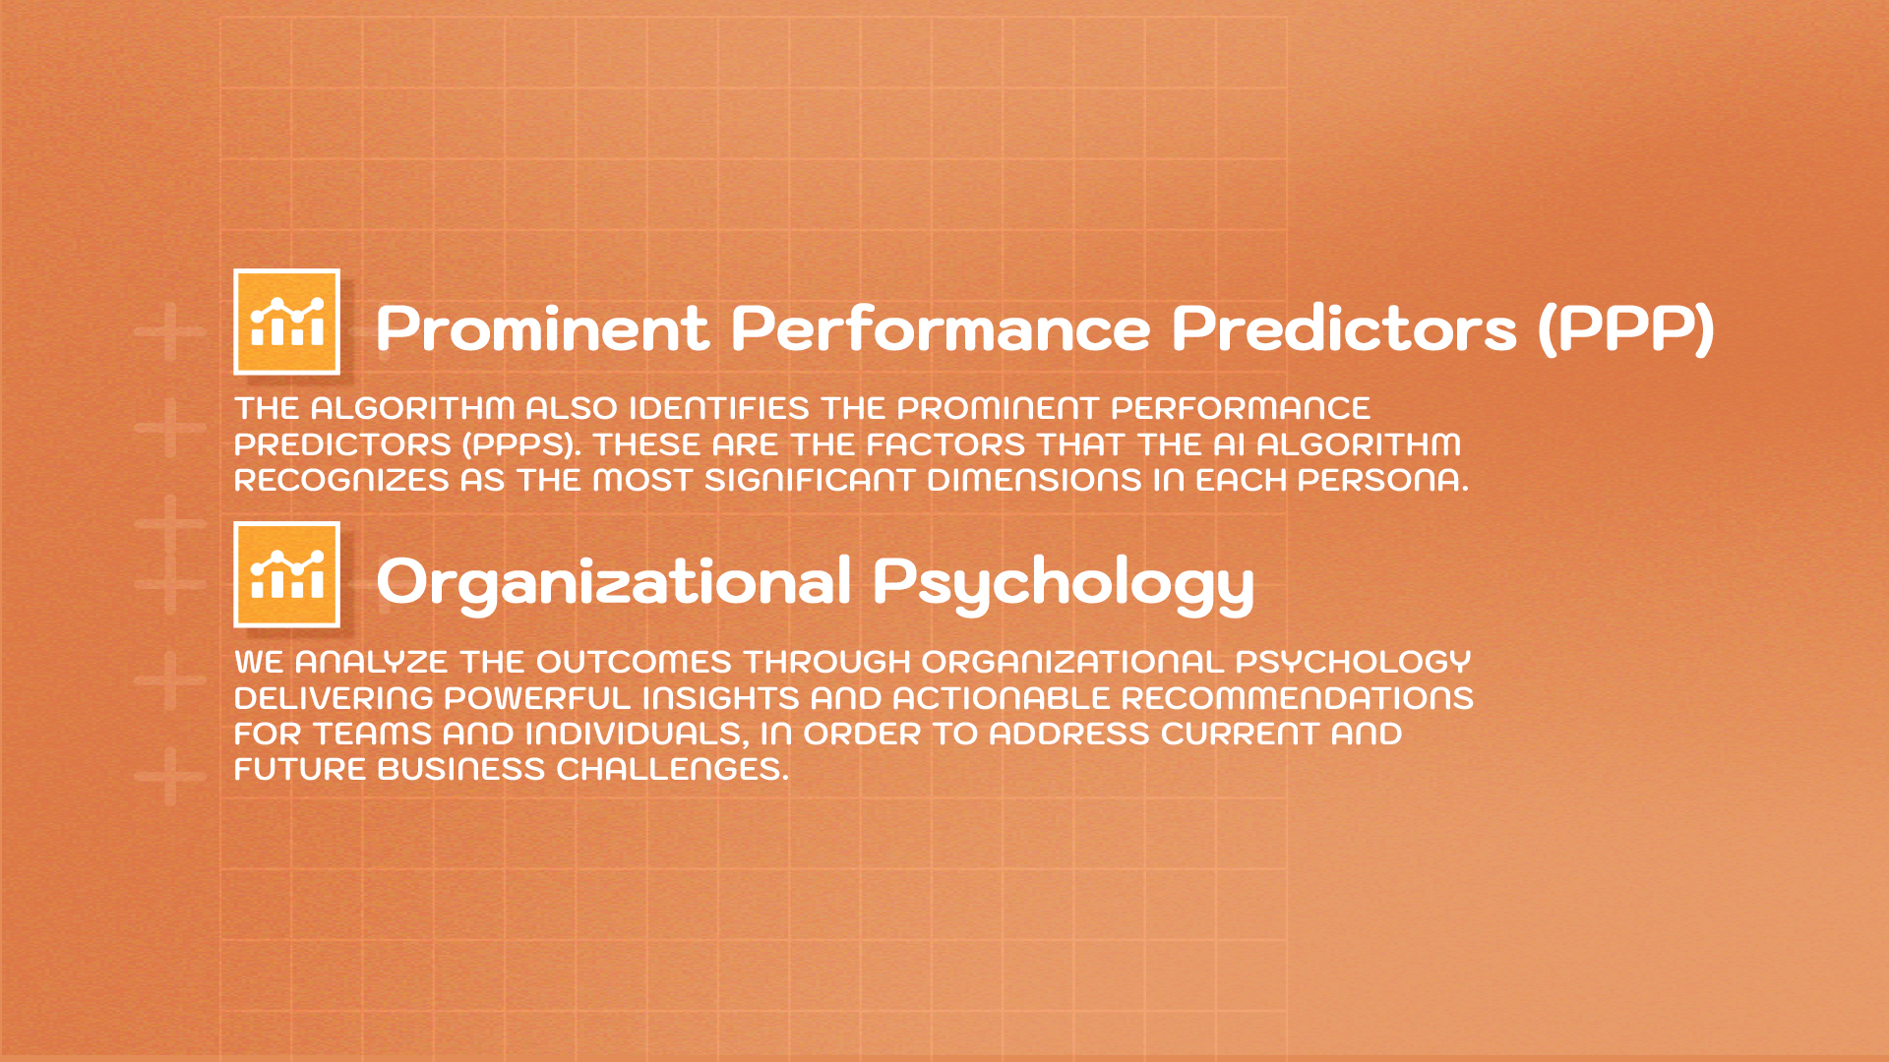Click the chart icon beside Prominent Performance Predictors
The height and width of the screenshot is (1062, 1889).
(286, 322)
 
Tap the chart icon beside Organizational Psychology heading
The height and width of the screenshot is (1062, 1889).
(286, 574)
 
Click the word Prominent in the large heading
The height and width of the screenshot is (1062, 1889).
(542, 328)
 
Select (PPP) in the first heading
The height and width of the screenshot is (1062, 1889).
(1626, 328)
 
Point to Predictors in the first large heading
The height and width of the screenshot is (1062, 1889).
(1344, 328)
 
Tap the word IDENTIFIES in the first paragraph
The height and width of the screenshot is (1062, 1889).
(719, 408)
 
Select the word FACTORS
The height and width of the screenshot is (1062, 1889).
(945, 444)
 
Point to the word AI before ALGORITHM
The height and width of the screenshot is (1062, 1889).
(1230, 444)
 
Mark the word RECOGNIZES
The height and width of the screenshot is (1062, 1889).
(341, 480)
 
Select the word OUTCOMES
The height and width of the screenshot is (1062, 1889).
(634, 662)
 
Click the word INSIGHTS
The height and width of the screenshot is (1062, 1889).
(721, 698)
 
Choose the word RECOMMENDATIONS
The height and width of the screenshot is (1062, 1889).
(1297, 698)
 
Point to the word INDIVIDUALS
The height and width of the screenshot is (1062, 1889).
(635, 734)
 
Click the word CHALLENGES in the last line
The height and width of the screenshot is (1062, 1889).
(672, 769)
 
